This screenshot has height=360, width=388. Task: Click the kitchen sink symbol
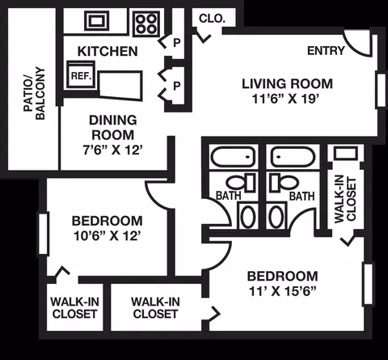click(x=97, y=21)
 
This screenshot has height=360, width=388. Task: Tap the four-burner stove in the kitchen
click(x=146, y=23)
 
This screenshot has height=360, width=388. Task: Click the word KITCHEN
click(x=108, y=51)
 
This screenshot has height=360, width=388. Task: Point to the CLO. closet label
click(x=212, y=19)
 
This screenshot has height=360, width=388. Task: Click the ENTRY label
click(x=326, y=51)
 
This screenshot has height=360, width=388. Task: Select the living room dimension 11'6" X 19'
click(x=285, y=99)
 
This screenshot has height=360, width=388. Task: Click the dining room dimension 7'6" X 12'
click(x=112, y=150)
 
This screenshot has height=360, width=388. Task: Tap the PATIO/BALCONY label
click(x=34, y=93)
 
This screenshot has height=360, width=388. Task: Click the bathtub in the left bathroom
click(x=233, y=157)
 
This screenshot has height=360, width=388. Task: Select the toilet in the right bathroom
click(x=285, y=183)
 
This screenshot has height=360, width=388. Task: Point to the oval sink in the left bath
click(x=248, y=217)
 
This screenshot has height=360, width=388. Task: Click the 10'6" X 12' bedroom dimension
click(x=108, y=236)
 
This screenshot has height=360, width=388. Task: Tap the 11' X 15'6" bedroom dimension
click(x=282, y=291)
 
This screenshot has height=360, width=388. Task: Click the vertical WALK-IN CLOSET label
click(x=345, y=199)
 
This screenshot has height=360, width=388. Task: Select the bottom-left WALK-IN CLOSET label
click(x=74, y=307)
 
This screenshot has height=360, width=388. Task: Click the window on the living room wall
click(x=381, y=90)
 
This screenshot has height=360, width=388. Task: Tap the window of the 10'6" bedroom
click(x=44, y=233)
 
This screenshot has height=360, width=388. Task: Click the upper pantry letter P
click(x=177, y=43)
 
